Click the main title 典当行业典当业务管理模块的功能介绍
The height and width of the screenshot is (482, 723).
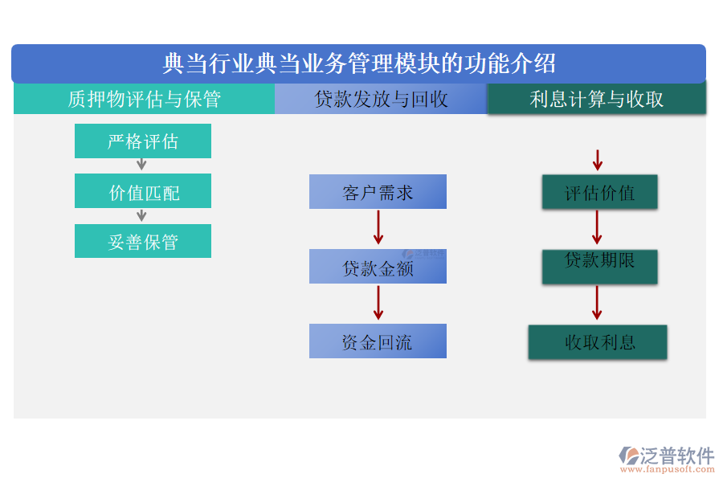(x=359, y=63)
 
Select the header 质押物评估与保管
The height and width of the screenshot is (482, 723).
(x=144, y=99)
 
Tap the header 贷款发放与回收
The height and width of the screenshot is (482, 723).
(x=381, y=99)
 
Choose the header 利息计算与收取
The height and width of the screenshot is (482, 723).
(x=597, y=99)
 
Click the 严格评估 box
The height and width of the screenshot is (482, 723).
(x=143, y=141)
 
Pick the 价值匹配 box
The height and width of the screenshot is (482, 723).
(x=143, y=192)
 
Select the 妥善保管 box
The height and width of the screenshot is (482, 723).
(x=143, y=241)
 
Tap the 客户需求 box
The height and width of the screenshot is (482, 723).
(x=378, y=192)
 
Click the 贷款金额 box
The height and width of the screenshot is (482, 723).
(x=378, y=267)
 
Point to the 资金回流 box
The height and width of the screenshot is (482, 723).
(x=378, y=341)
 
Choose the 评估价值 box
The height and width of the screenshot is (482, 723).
(x=599, y=193)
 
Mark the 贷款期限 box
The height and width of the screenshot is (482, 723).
(x=599, y=266)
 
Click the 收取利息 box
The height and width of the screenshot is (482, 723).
(x=598, y=342)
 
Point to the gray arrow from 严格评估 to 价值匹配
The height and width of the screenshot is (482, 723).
(x=141, y=165)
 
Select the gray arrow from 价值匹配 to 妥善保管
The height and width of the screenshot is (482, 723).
(x=141, y=215)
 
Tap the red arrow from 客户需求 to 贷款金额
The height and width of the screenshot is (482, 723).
(x=378, y=227)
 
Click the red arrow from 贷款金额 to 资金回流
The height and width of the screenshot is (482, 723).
(x=378, y=303)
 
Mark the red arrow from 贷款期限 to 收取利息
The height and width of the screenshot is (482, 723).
(x=597, y=303)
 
